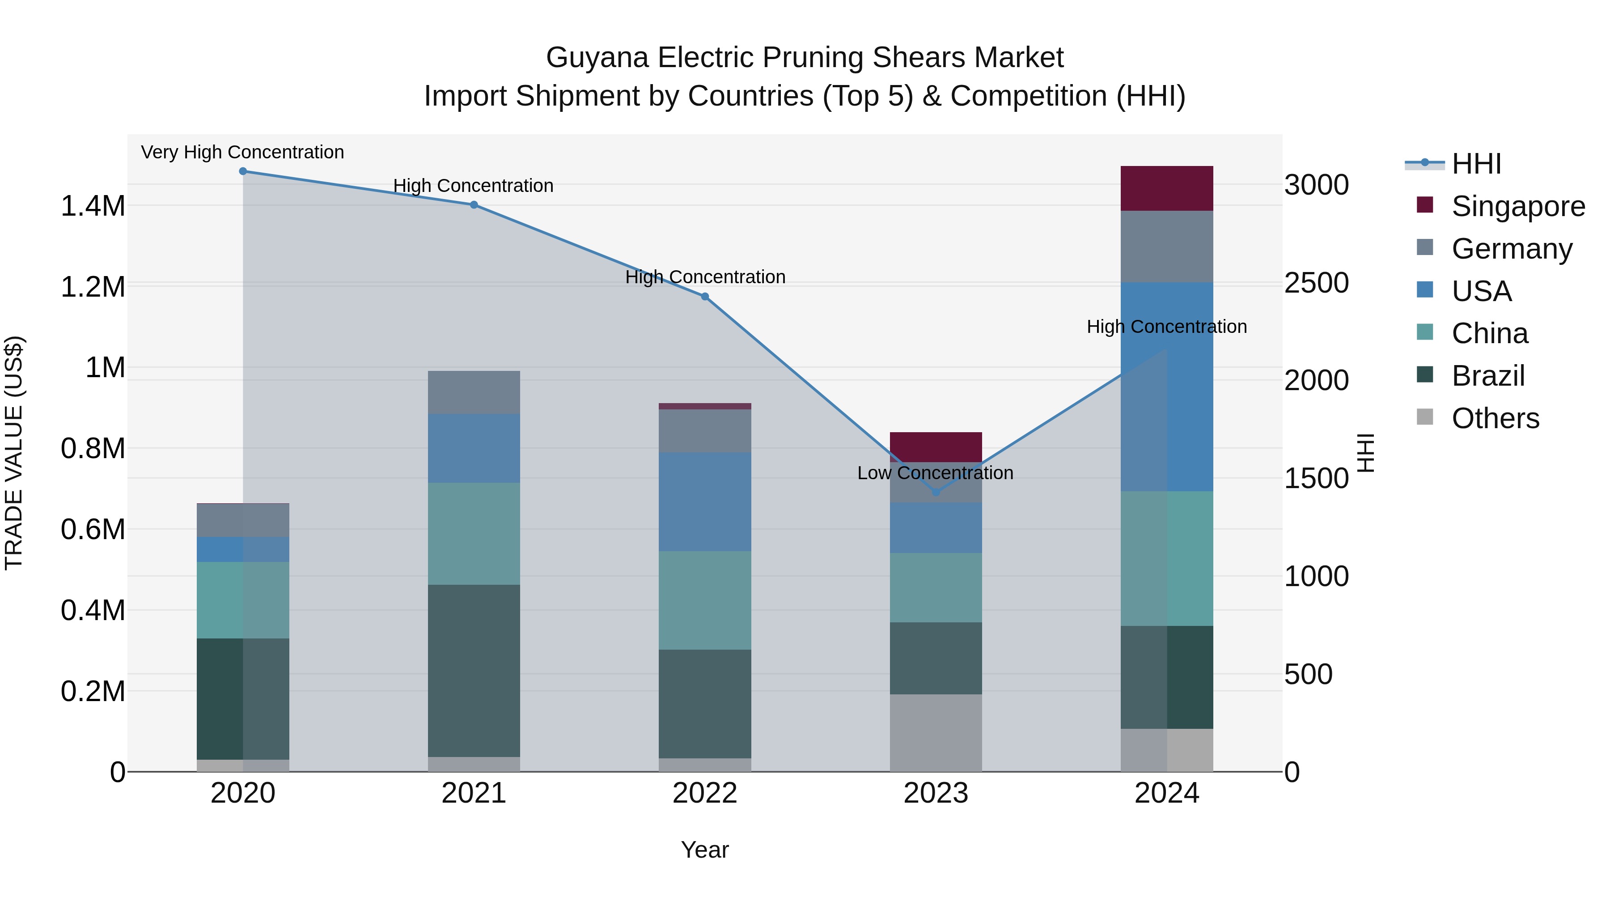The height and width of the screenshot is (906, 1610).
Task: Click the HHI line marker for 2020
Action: click(243, 171)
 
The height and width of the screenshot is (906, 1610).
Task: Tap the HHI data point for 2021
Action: click(474, 205)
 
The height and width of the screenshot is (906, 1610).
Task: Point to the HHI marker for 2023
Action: click(936, 493)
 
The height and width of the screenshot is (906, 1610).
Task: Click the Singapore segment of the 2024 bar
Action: click(1166, 188)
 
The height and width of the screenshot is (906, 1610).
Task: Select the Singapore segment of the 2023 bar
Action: click(936, 447)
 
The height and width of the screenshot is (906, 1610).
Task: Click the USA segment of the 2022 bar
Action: click(705, 502)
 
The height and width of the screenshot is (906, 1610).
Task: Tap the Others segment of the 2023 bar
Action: click(936, 733)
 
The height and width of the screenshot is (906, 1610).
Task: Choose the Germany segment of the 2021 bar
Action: click(474, 392)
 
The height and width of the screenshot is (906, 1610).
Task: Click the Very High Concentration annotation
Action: click(242, 153)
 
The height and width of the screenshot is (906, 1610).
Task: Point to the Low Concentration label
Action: click(935, 473)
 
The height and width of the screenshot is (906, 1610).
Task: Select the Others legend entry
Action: click(1495, 418)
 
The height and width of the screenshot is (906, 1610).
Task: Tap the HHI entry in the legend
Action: click(1476, 164)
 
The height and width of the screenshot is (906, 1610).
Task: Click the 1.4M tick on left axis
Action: click(93, 206)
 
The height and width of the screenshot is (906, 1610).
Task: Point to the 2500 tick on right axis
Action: click(1316, 283)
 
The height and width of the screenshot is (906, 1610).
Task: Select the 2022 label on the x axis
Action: click(705, 793)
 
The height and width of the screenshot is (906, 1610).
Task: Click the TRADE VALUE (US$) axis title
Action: click(14, 453)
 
